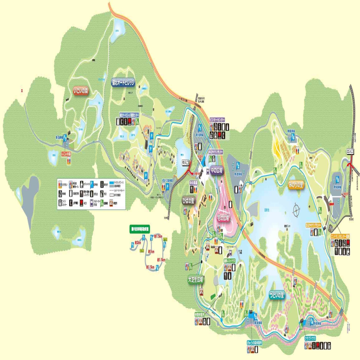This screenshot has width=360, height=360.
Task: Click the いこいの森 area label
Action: tap(86, 91)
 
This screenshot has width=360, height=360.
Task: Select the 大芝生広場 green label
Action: tap(196, 279)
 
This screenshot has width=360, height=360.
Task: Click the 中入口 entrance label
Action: tap(185, 163)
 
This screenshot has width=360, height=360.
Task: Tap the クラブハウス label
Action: tap(310, 338)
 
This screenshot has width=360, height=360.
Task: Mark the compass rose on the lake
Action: tap(296, 209)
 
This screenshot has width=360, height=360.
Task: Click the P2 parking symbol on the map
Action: tap(238, 164)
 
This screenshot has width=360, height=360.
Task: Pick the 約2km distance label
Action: tap(138, 242)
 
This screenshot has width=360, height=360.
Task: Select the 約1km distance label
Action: tap(151, 252)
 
